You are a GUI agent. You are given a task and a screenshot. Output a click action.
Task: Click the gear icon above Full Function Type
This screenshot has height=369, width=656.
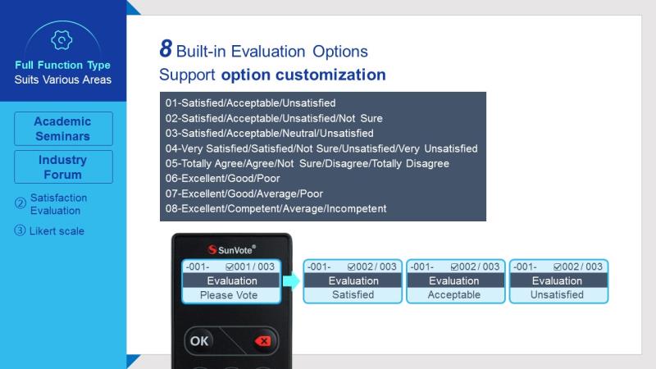[61, 40]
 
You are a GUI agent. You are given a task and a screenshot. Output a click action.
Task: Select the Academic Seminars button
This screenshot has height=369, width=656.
[63, 129]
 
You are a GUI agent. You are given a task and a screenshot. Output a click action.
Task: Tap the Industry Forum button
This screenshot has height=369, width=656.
[63, 167]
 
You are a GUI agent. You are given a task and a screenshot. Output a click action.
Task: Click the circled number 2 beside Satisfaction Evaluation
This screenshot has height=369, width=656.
[20, 203]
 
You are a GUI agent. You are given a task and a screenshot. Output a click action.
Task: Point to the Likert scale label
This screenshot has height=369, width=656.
[57, 231]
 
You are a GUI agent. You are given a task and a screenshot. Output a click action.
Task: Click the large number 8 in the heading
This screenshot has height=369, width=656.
[166, 48]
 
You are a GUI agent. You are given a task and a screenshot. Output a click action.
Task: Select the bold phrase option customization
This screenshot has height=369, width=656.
[303, 75]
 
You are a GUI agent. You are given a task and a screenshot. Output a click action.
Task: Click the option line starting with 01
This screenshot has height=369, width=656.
[250, 103]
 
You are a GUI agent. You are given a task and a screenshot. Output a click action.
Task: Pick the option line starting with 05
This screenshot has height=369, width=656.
[307, 163]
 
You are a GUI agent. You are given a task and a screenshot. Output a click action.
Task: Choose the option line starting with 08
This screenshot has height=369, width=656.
[276, 208]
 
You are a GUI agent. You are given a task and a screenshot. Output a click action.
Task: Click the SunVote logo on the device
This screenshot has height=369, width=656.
[232, 250]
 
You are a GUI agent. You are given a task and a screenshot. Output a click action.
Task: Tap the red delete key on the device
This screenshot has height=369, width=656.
[263, 341]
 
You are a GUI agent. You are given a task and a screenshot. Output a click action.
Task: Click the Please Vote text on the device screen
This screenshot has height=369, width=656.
[229, 295]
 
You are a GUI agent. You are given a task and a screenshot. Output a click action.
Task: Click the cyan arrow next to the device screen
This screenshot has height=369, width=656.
[292, 280]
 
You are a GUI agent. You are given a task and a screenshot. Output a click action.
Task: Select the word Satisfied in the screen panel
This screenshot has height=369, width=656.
[353, 294]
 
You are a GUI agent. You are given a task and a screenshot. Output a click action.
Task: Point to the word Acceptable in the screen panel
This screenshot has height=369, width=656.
[454, 294]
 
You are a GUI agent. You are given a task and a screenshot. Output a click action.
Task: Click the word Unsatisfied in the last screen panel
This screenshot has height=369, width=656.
[557, 294]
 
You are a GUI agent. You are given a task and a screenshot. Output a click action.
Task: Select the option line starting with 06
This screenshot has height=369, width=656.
[222, 179]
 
